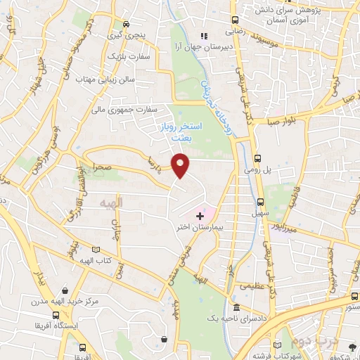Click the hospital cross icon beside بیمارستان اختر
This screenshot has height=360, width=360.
click(199, 214)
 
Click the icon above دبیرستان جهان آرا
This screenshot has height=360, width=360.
click(205, 36)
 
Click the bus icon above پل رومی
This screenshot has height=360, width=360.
click(258, 158)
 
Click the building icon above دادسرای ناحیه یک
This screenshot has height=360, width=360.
click(237, 307)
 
